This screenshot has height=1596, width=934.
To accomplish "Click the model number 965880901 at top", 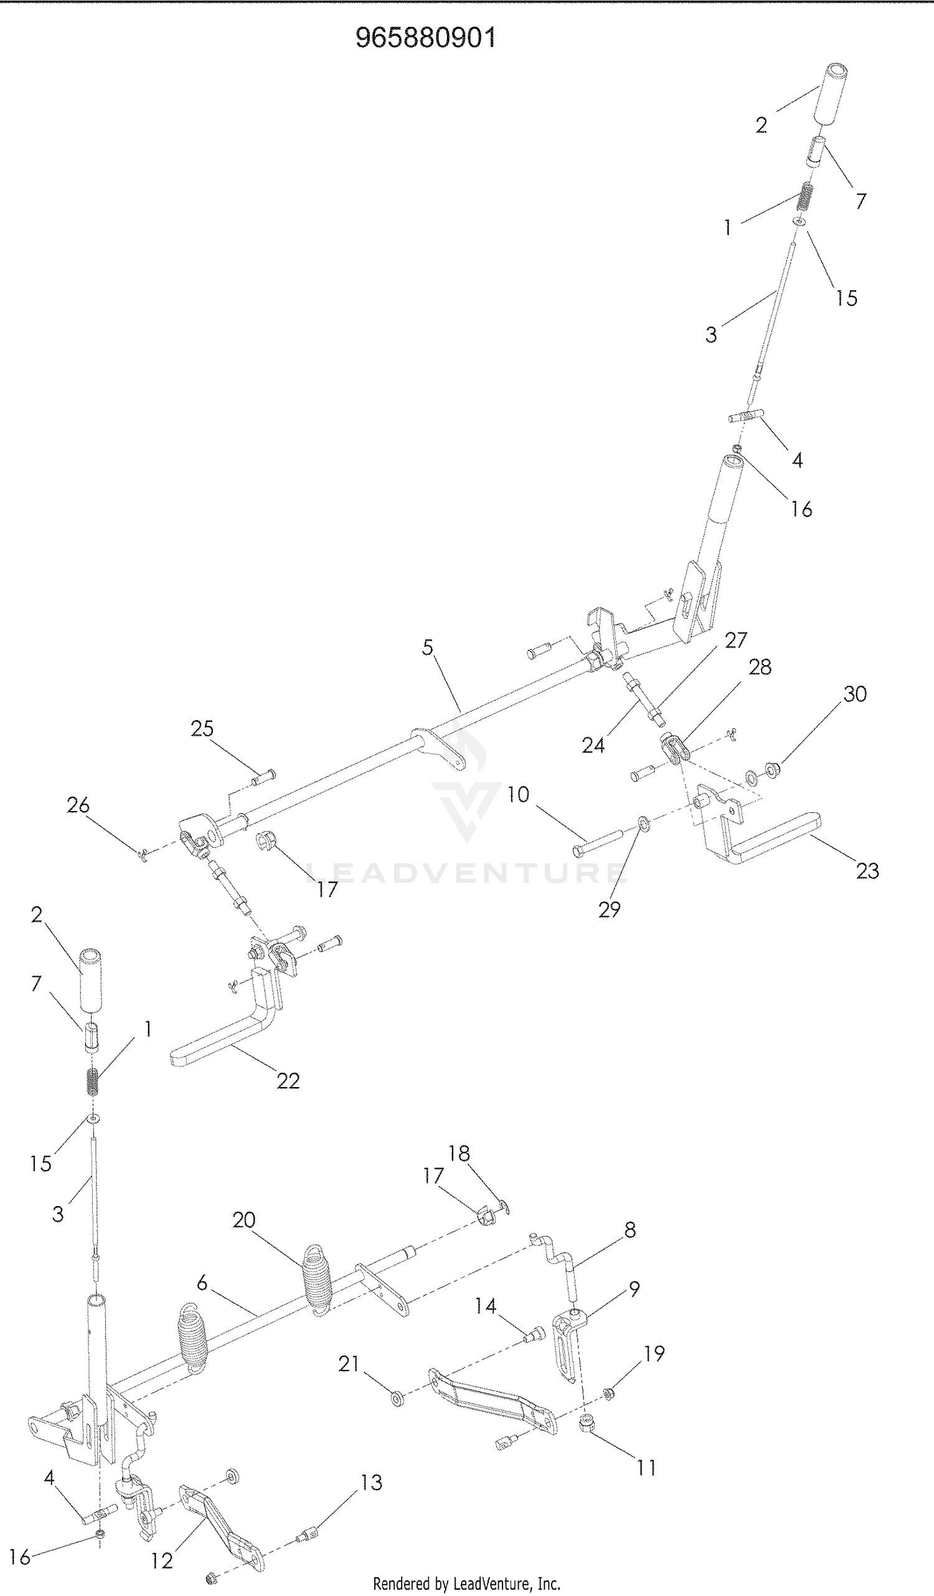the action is [x=425, y=38].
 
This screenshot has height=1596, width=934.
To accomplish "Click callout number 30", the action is [x=854, y=694].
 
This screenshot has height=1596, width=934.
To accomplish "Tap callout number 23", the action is [x=867, y=871].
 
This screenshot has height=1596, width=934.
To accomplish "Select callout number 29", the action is [x=609, y=910].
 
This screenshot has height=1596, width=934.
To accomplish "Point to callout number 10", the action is [x=518, y=794].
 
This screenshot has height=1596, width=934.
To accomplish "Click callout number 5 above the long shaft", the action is [x=427, y=647].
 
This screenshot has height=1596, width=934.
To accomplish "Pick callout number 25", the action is [x=202, y=728].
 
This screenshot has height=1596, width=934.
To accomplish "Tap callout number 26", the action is [x=78, y=805].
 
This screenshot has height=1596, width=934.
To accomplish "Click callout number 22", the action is [x=288, y=1080].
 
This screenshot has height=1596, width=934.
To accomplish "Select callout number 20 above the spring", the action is [x=244, y=1220].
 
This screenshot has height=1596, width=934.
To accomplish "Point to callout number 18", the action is [x=459, y=1153].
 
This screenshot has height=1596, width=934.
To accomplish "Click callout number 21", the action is [x=349, y=1364].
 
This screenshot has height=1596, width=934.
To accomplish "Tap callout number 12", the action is [x=162, y=1561].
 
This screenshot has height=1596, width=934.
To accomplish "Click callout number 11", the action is [x=646, y=1468].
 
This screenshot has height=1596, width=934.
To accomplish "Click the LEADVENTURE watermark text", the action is [x=466, y=873].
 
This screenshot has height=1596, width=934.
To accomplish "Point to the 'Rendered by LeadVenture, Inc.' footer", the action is [x=466, y=1584].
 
